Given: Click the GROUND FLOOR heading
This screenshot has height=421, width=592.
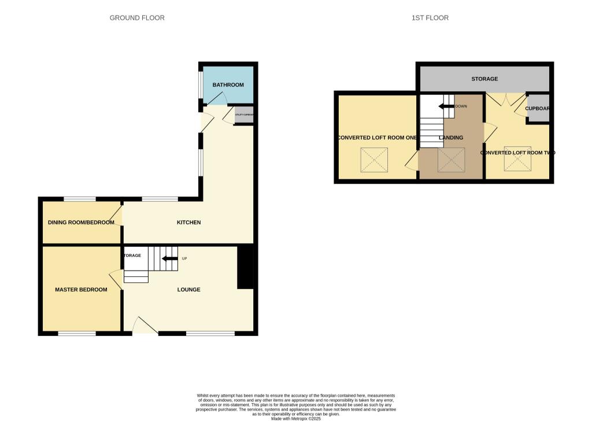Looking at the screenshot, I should [137, 18].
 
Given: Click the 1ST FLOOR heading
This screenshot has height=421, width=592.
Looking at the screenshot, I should [430, 18].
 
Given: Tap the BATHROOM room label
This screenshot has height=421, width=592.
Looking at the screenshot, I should [228, 85].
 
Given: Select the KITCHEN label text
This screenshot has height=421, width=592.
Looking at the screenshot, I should [188, 222].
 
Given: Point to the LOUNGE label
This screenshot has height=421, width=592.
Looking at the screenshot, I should [188, 289].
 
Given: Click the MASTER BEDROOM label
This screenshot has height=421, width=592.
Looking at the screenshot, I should [81, 290].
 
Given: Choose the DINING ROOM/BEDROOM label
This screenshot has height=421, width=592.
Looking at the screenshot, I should [81, 222].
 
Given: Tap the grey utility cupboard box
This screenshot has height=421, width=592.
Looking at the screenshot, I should [243, 115].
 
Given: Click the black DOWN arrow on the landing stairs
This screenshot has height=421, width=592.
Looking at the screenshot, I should [446, 106].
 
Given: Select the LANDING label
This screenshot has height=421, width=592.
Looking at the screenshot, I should [450, 138].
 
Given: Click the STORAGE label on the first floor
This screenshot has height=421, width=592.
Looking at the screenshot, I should [484, 79].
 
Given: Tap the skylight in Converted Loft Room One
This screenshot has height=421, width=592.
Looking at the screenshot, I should [374, 160].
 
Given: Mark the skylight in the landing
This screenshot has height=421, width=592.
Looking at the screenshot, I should [450, 160].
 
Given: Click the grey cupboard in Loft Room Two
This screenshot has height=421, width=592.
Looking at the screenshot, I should [538, 108].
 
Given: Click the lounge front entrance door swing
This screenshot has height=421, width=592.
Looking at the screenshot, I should [144, 326].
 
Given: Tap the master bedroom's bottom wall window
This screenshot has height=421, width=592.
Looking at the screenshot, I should [77, 334].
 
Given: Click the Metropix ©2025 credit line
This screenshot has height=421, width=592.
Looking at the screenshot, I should [295, 418].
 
